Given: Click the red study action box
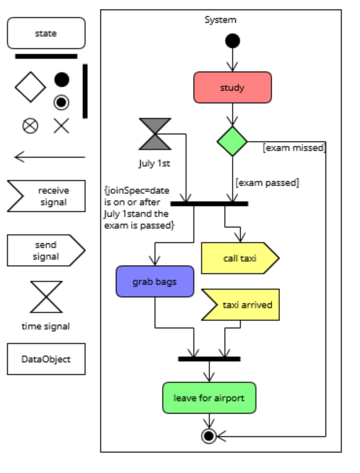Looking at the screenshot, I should pyautogui.click(x=232, y=87).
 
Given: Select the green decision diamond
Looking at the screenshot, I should pyautogui.click(x=232, y=141).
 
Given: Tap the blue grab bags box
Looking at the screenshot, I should pyautogui.click(x=155, y=281).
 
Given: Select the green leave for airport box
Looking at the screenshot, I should pyautogui.click(x=209, y=398).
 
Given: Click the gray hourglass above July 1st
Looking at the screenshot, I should pyautogui.click(x=155, y=134).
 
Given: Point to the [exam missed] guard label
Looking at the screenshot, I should pyautogui.click(x=294, y=148).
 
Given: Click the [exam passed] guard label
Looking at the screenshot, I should pyautogui.click(x=267, y=182).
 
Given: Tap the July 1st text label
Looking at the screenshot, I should pyautogui.click(x=154, y=163).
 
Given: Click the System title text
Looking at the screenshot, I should pyautogui.click(x=220, y=20).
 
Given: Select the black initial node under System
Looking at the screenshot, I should pyautogui.click(x=232, y=41).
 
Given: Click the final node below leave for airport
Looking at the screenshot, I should pyautogui.click(x=209, y=436).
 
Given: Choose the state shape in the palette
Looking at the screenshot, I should pyautogui.click(x=46, y=33).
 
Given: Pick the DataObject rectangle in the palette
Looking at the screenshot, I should pyautogui.click(x=46, y=359).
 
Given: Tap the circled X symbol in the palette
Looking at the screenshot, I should pyautogui.click(x=30, y=126).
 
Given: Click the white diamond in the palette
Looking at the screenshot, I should pyautogui.click(x=30, y=87).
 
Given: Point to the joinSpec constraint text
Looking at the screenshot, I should pyautogui.click(x=139, y=208).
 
